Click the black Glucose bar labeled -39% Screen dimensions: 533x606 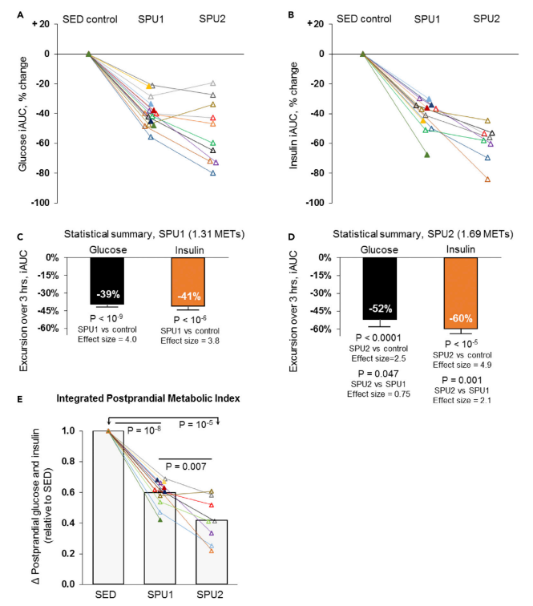[107, 281]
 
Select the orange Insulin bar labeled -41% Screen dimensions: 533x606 [188, 281]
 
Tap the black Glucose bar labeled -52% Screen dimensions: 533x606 [380, 289]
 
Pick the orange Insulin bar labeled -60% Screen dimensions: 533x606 [461, 293]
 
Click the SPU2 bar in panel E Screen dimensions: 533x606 [212, 551]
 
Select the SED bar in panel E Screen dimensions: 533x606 [108, 507]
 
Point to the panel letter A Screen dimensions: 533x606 [21, 15]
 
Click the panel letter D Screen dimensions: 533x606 [292, 237]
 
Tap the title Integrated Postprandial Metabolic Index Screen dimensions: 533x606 [148, 398]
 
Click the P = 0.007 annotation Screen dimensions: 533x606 [186, 467]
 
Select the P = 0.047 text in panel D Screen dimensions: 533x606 [378, 374]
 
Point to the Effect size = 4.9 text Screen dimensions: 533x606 [462, 365]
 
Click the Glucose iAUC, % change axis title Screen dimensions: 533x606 [22, 114]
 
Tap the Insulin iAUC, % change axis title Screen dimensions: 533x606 [293, 115]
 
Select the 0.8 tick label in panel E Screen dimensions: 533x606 [68, 462]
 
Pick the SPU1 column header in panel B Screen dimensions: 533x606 [427, 19]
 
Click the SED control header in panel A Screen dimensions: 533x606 [90, 19]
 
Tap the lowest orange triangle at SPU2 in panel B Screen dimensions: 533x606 [487, 180]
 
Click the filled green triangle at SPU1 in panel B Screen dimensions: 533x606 [427, 155]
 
